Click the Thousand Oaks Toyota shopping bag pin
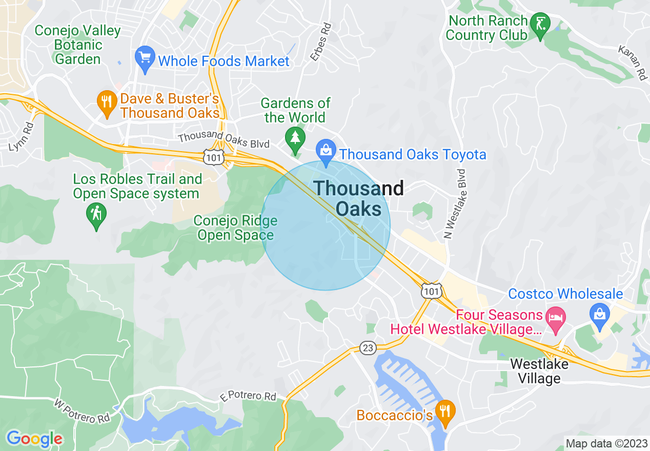tap(326, 152)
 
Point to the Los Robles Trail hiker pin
tap(96, 216)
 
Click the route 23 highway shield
tap(367, 348)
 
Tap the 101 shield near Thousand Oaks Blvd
tap(213, 157)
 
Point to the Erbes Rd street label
tap(320, 41)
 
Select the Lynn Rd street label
tap(21, 136)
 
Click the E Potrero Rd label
tap(248, 396)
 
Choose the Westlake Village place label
tap(539, 372)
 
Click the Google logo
tap(34, 438)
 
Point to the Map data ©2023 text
tap(605, 443)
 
